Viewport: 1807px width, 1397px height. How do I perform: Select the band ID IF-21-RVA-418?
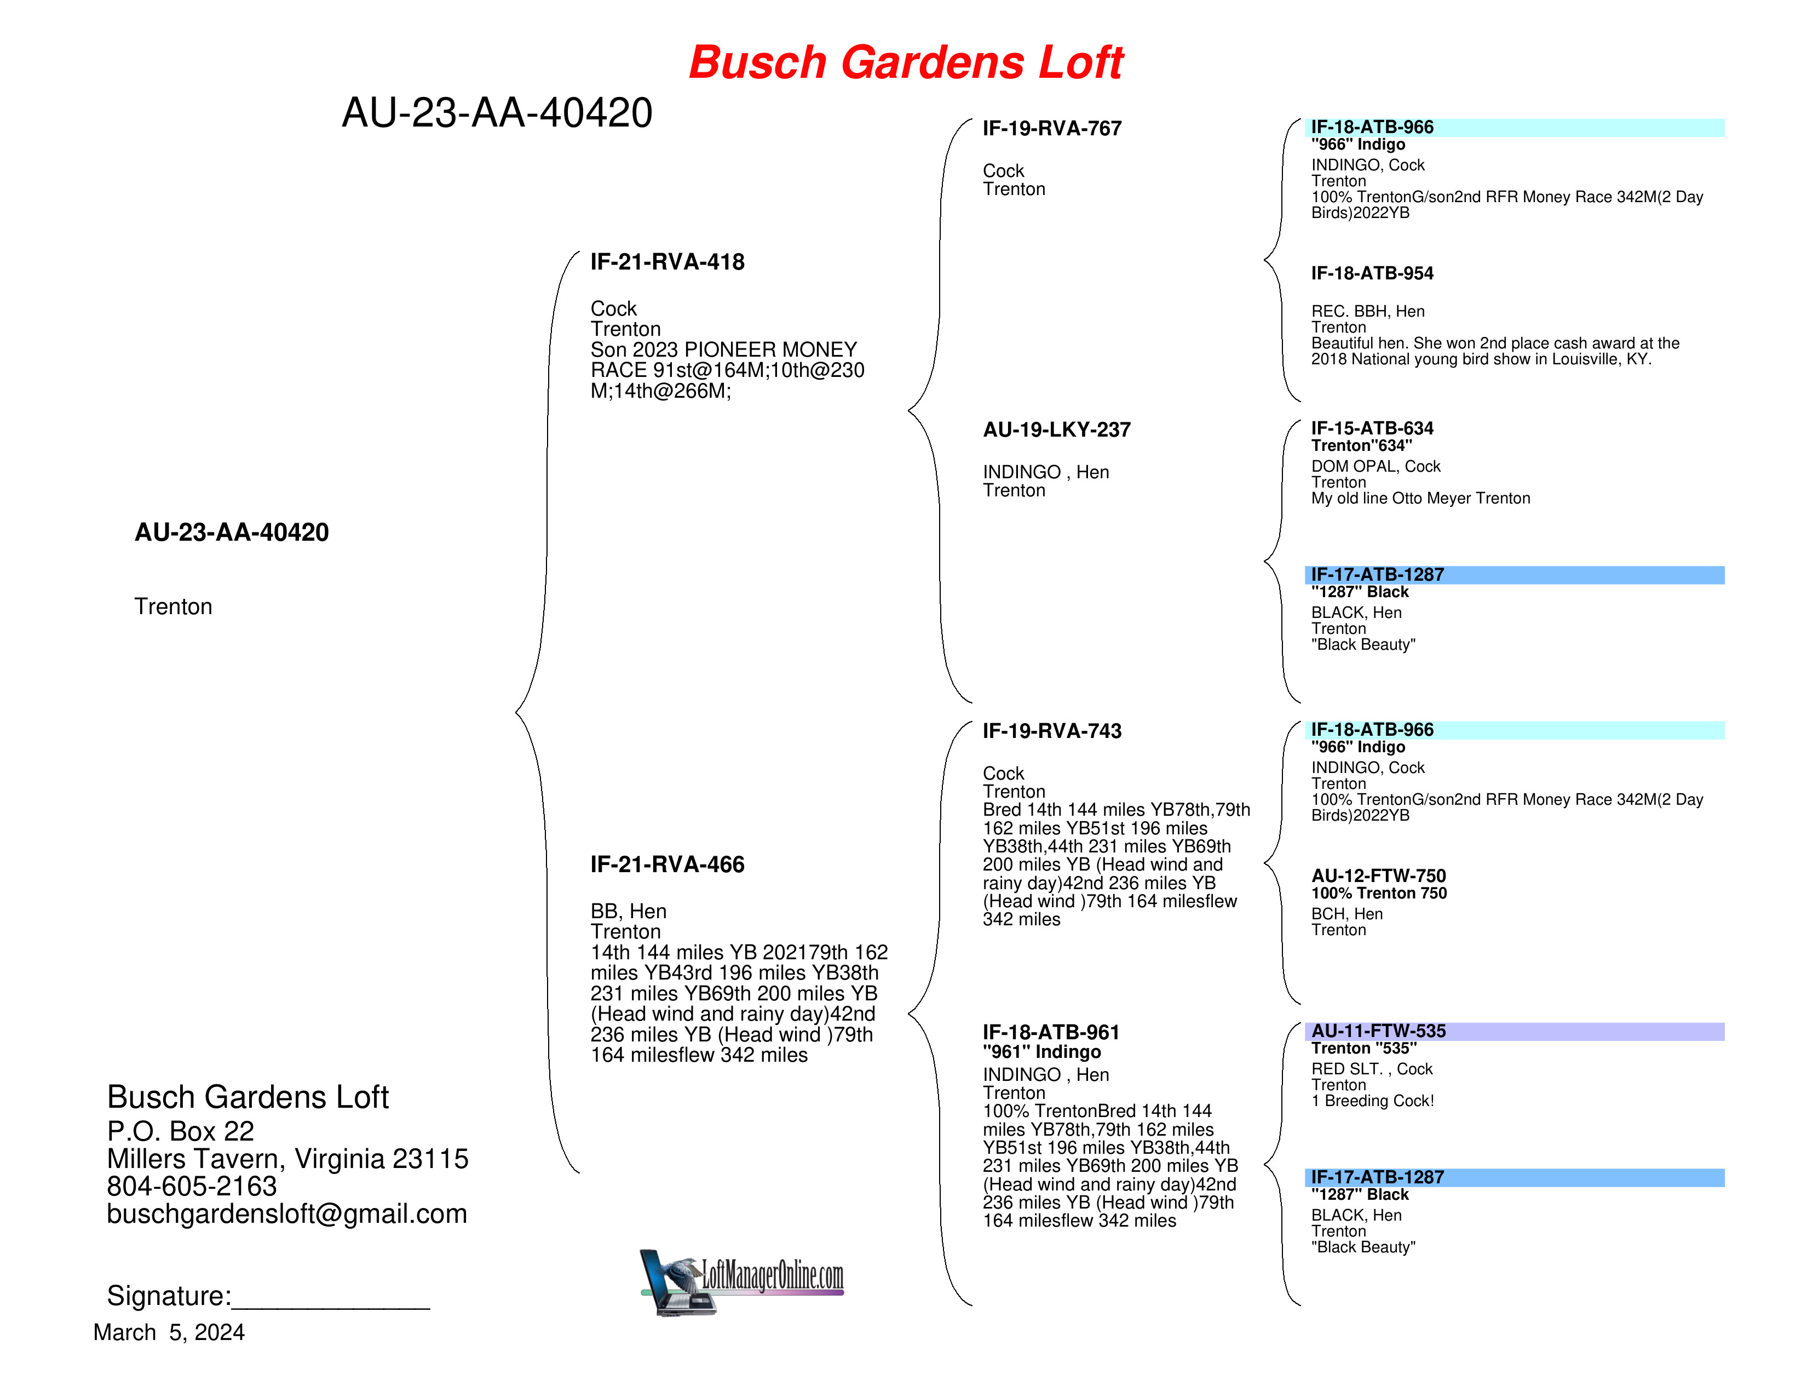(x=667, y=262)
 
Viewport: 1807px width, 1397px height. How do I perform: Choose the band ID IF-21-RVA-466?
(x=667, y=865)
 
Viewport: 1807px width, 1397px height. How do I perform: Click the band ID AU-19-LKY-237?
(x=1057, y=430)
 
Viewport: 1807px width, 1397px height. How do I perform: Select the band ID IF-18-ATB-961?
(x=1051, y=1032)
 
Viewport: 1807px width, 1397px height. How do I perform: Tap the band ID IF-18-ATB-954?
(x=1372, y=273)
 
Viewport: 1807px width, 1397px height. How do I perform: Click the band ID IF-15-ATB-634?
(x=1372, y=428)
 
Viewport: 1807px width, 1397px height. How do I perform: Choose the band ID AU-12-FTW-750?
(x=1378, y=875)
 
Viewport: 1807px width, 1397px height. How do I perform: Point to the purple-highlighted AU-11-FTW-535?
(x=1378, y=1030)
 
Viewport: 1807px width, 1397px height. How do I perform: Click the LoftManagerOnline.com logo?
(x=742, y=1281)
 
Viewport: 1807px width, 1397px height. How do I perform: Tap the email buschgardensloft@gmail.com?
(x=287, y=1213)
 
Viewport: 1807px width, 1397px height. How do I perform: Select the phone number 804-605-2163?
(x=192, y=1186)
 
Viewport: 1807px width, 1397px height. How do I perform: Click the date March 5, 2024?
(x=169, y=1332)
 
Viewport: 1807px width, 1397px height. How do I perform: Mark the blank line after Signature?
(x=331, y=1308)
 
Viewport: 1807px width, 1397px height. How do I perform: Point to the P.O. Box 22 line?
(x=180, y=1131)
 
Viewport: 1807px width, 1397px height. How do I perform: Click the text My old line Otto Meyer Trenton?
(x=1420, y=498)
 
